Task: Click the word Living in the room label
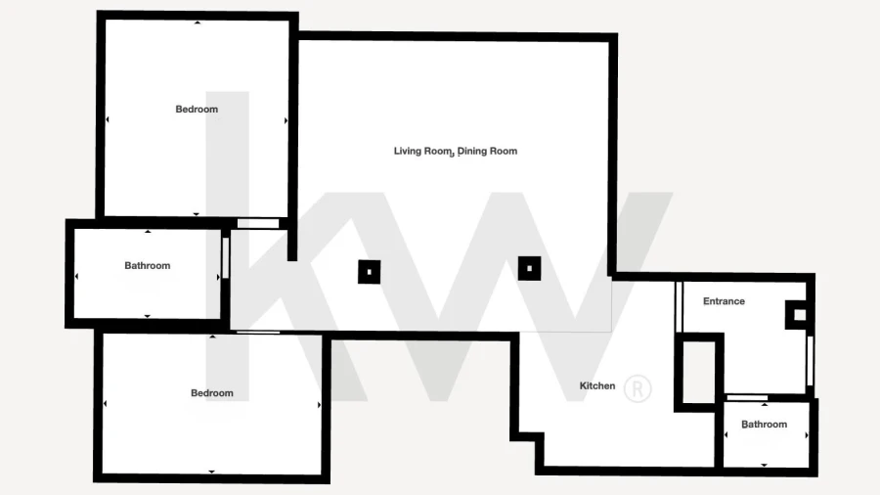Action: click(408, 151)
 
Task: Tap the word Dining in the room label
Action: click(470, 151)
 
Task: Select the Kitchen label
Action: click(597, 386)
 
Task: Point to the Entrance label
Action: click(724, 301)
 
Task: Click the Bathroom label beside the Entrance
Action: click(764, 425)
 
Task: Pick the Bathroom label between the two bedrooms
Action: click(147, 265)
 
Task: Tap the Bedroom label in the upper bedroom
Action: click(197, 109)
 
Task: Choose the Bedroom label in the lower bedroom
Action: click(211, 393)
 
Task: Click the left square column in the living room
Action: click(370, 272)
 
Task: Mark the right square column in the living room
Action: click(529, 268)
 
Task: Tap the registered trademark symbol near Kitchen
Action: click(637, 387)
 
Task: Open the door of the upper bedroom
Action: click(258, 223)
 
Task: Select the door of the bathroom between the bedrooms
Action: click(226, 257)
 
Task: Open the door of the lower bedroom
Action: click(258, 333)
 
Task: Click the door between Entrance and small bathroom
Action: click(747, 397)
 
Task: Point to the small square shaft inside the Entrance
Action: click(800, 315)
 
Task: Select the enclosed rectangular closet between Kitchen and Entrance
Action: click(699, 372)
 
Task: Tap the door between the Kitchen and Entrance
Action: click(680, 306)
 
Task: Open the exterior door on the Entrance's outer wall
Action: click(810, 360)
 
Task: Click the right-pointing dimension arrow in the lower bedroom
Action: click(320, 405)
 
